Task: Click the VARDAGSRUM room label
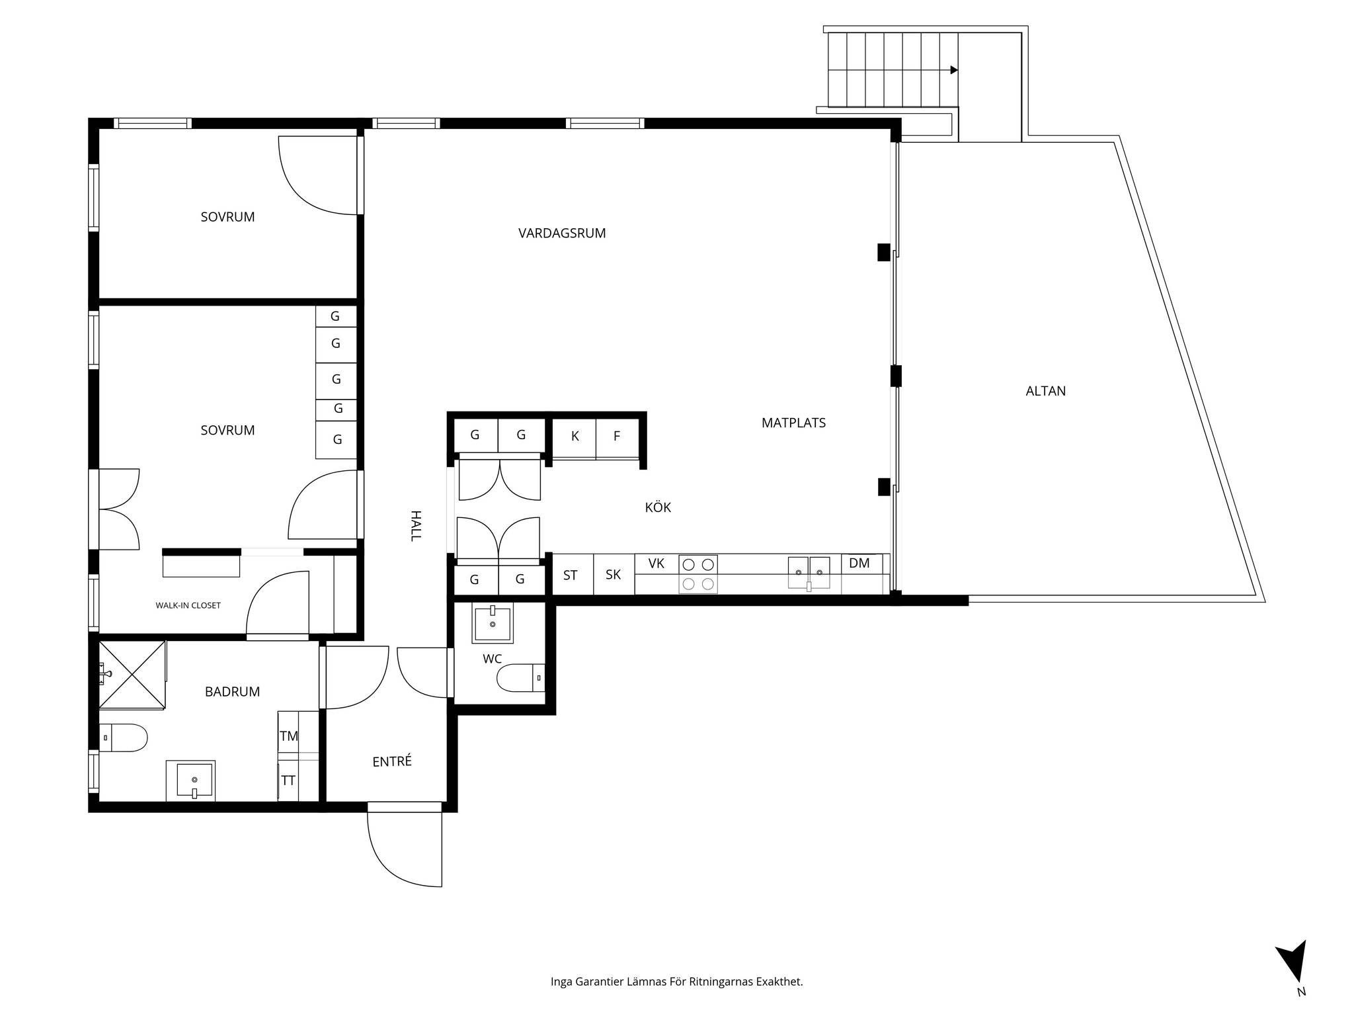click(562, 233)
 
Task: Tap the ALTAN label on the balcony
click(1045, 391)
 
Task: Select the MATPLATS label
click(793, 423)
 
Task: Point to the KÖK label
click(658, 507)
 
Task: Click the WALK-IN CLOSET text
click(188, 605)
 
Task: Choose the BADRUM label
click(232, 692)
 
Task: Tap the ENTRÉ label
click(392, 761)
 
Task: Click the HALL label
click(415, 526)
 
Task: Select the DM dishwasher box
click(862, 573)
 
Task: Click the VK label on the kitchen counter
click(656, 564)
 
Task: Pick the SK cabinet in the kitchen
click(614, 574)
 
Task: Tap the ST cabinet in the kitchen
click(571, 574)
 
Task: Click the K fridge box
click(575, 438)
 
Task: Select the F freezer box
click(617, 438)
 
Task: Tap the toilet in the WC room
click(521, 678)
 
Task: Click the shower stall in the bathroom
click(132, 674)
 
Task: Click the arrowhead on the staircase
click(954, 70)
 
